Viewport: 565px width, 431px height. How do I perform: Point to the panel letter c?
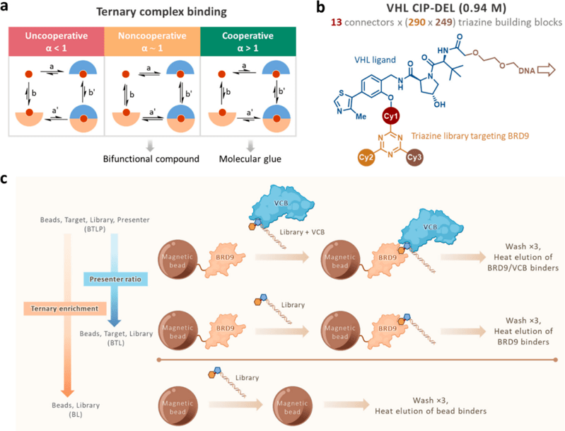pos(6,180)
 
